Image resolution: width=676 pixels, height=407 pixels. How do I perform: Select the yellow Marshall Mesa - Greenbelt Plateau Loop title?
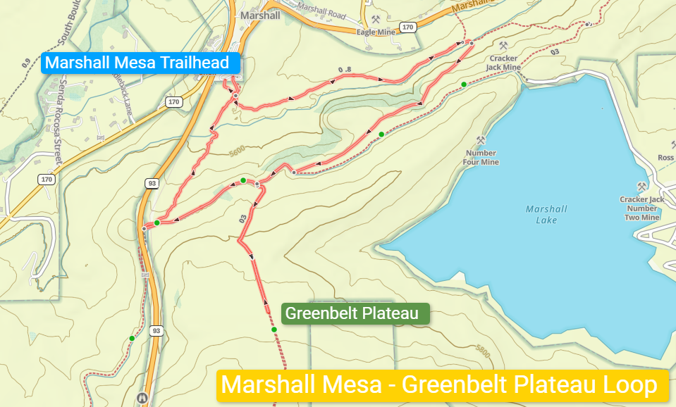pyautogui.click(x=443, y=386)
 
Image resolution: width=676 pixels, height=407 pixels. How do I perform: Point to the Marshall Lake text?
pyautogui.click(x=546, y=215)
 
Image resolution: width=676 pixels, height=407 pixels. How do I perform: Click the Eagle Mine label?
pyautogui.click(x=376, y=32)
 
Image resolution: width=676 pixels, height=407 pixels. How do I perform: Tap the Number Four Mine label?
pyautogui.click(x=481, y=158)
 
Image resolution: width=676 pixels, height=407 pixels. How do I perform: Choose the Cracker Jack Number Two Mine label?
pyautogui.click(x=641, y=208)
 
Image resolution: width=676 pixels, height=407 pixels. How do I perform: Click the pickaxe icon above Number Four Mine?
pyautogui.click(x=481, y=140)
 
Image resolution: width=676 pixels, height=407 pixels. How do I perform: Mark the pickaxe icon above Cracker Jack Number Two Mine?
pyautogui.click(x=641, y=187)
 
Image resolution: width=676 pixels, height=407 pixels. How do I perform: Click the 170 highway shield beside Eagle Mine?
pyautogui.click(x=407, y=27)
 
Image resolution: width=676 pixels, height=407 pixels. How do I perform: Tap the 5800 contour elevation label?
pyautogui.click(x=483, y=349)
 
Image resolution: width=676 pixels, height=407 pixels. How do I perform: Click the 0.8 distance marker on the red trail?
pyautogui.click(x=344, y=70)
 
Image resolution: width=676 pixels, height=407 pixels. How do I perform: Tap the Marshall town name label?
pyautogui.click(x=259, y=15)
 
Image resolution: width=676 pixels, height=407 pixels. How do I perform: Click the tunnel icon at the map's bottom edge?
pyautogui.click(x=142, y=399)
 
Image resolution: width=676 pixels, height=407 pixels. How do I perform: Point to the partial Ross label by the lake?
pyautogui.click(x=665, y=158)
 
